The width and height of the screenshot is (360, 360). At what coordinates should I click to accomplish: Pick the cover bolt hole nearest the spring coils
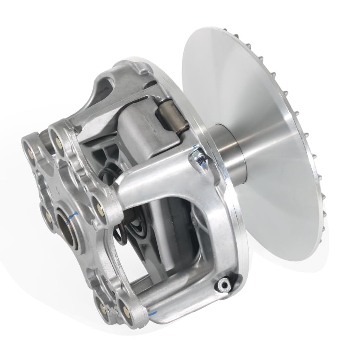click(x=101, y=208)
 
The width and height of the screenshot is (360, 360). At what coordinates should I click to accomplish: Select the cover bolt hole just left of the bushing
click(x=48, y=217)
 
